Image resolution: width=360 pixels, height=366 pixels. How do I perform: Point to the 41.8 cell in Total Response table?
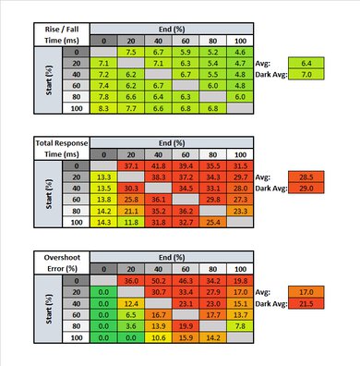[x=158, y=165]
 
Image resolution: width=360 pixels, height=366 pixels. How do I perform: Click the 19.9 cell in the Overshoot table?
[x=185, y=325]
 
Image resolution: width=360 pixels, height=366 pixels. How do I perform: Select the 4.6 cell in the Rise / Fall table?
[x=240, y=53]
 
